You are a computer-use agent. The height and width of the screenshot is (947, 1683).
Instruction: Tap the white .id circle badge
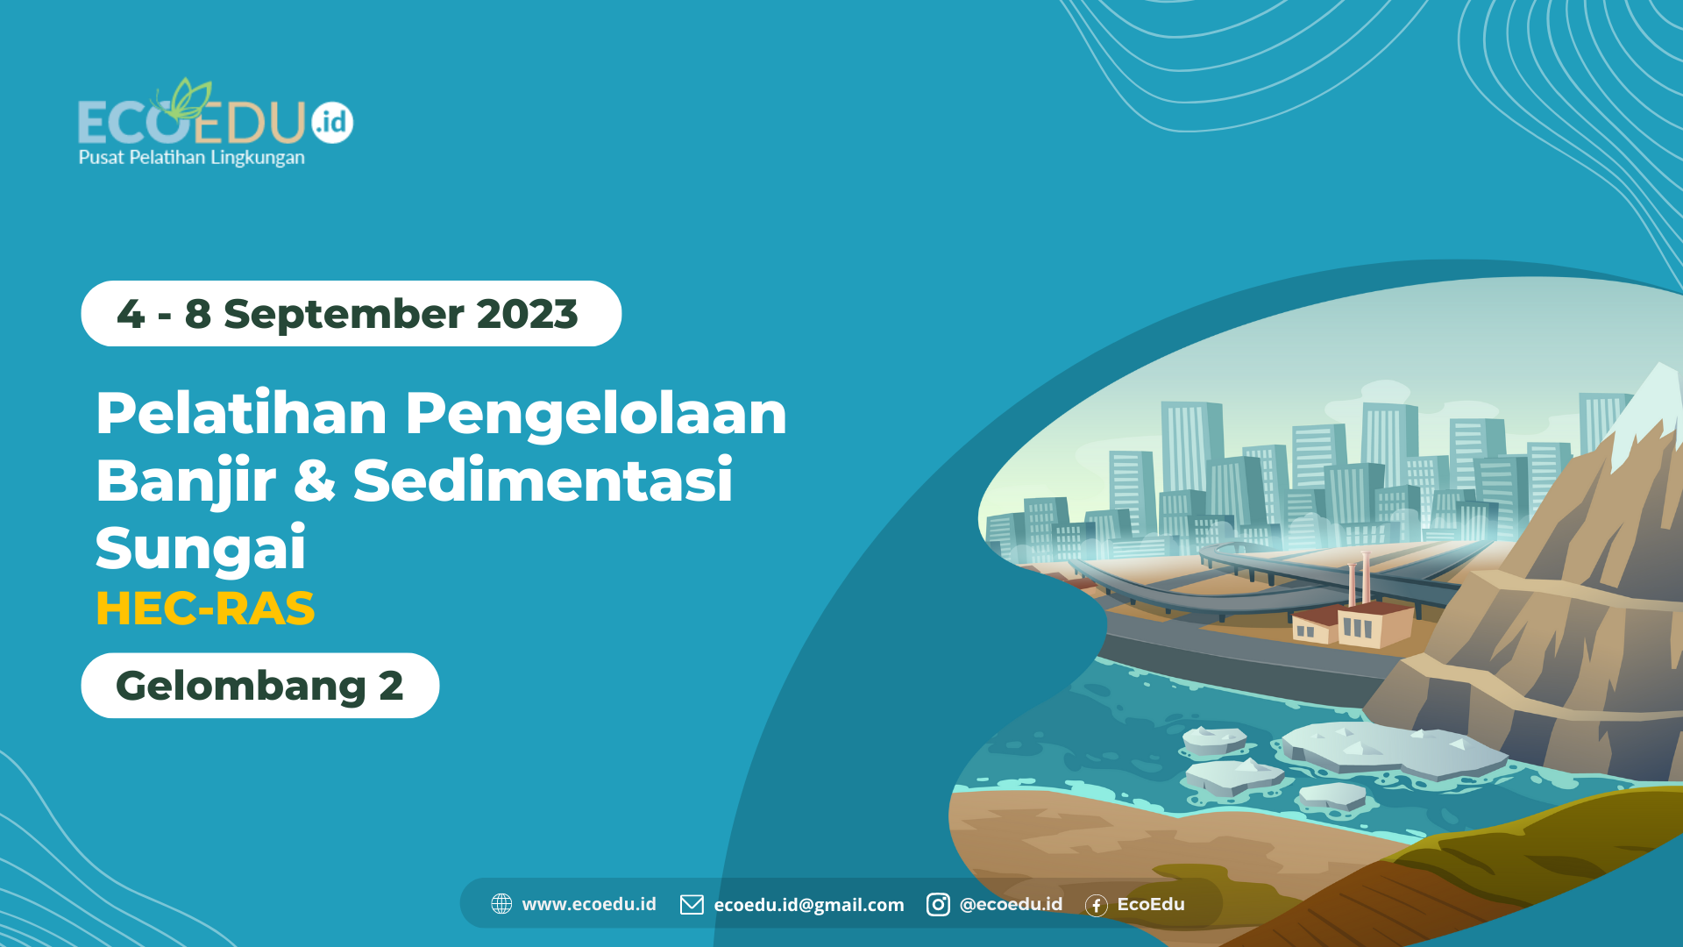point(332,122)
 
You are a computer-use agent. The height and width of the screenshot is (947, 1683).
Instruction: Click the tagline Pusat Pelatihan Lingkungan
point(191,158)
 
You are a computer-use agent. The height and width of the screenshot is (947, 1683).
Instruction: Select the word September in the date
point(344,314)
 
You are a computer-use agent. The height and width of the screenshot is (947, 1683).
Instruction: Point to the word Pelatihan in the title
point(241,413)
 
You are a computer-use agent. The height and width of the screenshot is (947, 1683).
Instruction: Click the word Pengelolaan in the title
point(595,413)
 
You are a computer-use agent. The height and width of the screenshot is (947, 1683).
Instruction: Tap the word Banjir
point(186,481)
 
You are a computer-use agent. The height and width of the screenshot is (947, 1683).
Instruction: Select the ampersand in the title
point(314,481)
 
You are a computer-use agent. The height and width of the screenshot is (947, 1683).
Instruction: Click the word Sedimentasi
point(543,481)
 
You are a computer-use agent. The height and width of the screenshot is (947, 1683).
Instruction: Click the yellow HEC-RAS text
point(205,609)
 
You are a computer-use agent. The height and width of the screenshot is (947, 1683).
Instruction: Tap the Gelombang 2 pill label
point(259,686)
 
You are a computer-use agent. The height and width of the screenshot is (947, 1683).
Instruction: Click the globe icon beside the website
point(501,904)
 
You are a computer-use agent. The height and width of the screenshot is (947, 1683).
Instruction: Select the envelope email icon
point(692,904)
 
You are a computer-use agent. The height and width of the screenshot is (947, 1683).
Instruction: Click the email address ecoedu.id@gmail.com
point(808,905)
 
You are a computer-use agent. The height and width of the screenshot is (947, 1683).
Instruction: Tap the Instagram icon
point(938,904)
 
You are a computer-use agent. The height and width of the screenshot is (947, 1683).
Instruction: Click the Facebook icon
point(1096,905)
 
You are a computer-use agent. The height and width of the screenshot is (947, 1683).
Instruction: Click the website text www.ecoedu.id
point(589,904)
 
